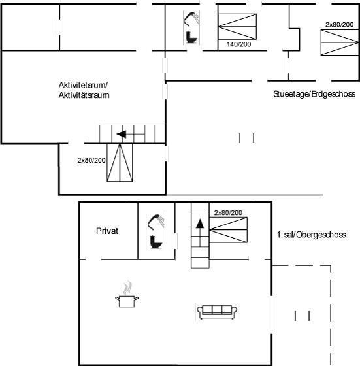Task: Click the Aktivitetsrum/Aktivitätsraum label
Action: (x=84, y=90)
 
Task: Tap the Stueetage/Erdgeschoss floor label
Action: (x=314, y=94)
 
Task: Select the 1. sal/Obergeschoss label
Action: (x=311, y=235)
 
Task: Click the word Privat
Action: (x=107, y=231)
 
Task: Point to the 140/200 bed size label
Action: (x=239, y=44)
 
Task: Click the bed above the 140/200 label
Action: (x=237, y=27)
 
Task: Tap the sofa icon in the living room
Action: (x=217, y=312)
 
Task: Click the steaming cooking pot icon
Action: (x=127, y=295)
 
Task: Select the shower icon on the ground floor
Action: (x=191, y=18)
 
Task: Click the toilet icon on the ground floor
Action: (x=191, y=37)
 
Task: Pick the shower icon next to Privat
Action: (x=156, y=222)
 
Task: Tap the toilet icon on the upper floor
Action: (x=155, y=242)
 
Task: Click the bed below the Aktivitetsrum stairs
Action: (x=120, y=163)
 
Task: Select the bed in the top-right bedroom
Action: (x=340, y=42)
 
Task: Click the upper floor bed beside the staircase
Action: (x=228, y=230)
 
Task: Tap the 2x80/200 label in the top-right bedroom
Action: (x=340, y=25)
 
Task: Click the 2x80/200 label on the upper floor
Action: (x=228, y=212)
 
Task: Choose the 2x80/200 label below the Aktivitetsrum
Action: (x=91, y=160)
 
